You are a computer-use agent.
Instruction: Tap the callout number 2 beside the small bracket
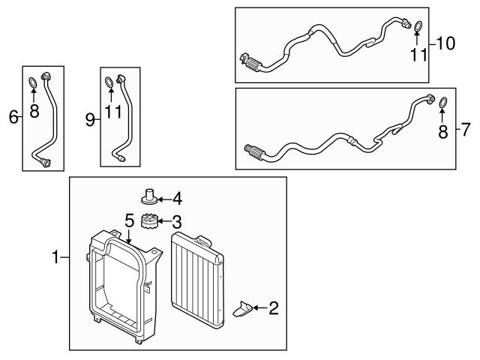coord(273,307)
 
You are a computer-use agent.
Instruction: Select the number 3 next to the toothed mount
coord(178,223)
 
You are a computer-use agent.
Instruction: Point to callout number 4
coord(178,199)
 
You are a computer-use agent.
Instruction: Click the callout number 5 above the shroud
coord(129,220)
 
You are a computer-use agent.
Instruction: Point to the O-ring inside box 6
coord(33,82)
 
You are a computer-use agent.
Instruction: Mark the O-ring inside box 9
coord(109,82)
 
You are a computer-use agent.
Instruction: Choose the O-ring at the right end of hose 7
coord(442,102)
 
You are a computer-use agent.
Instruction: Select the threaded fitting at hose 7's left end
coord(254,153)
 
